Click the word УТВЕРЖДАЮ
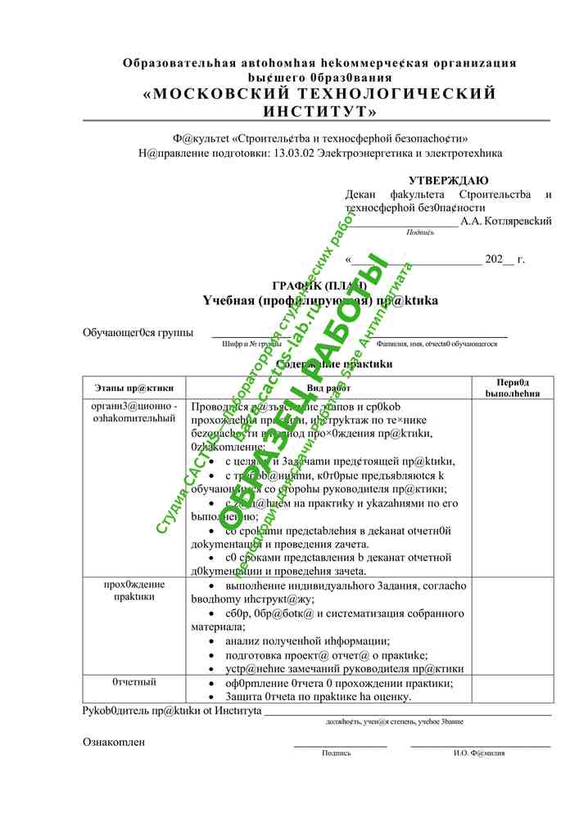(448, 180)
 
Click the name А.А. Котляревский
(506, 221)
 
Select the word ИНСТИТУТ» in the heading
(320, 110)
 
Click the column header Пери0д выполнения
(513, 387)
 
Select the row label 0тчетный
(133, 681)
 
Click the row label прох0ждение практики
(133, 590)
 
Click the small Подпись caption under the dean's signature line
(420, 232)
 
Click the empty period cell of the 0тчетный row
(513, 689)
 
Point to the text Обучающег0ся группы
(138, 332)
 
